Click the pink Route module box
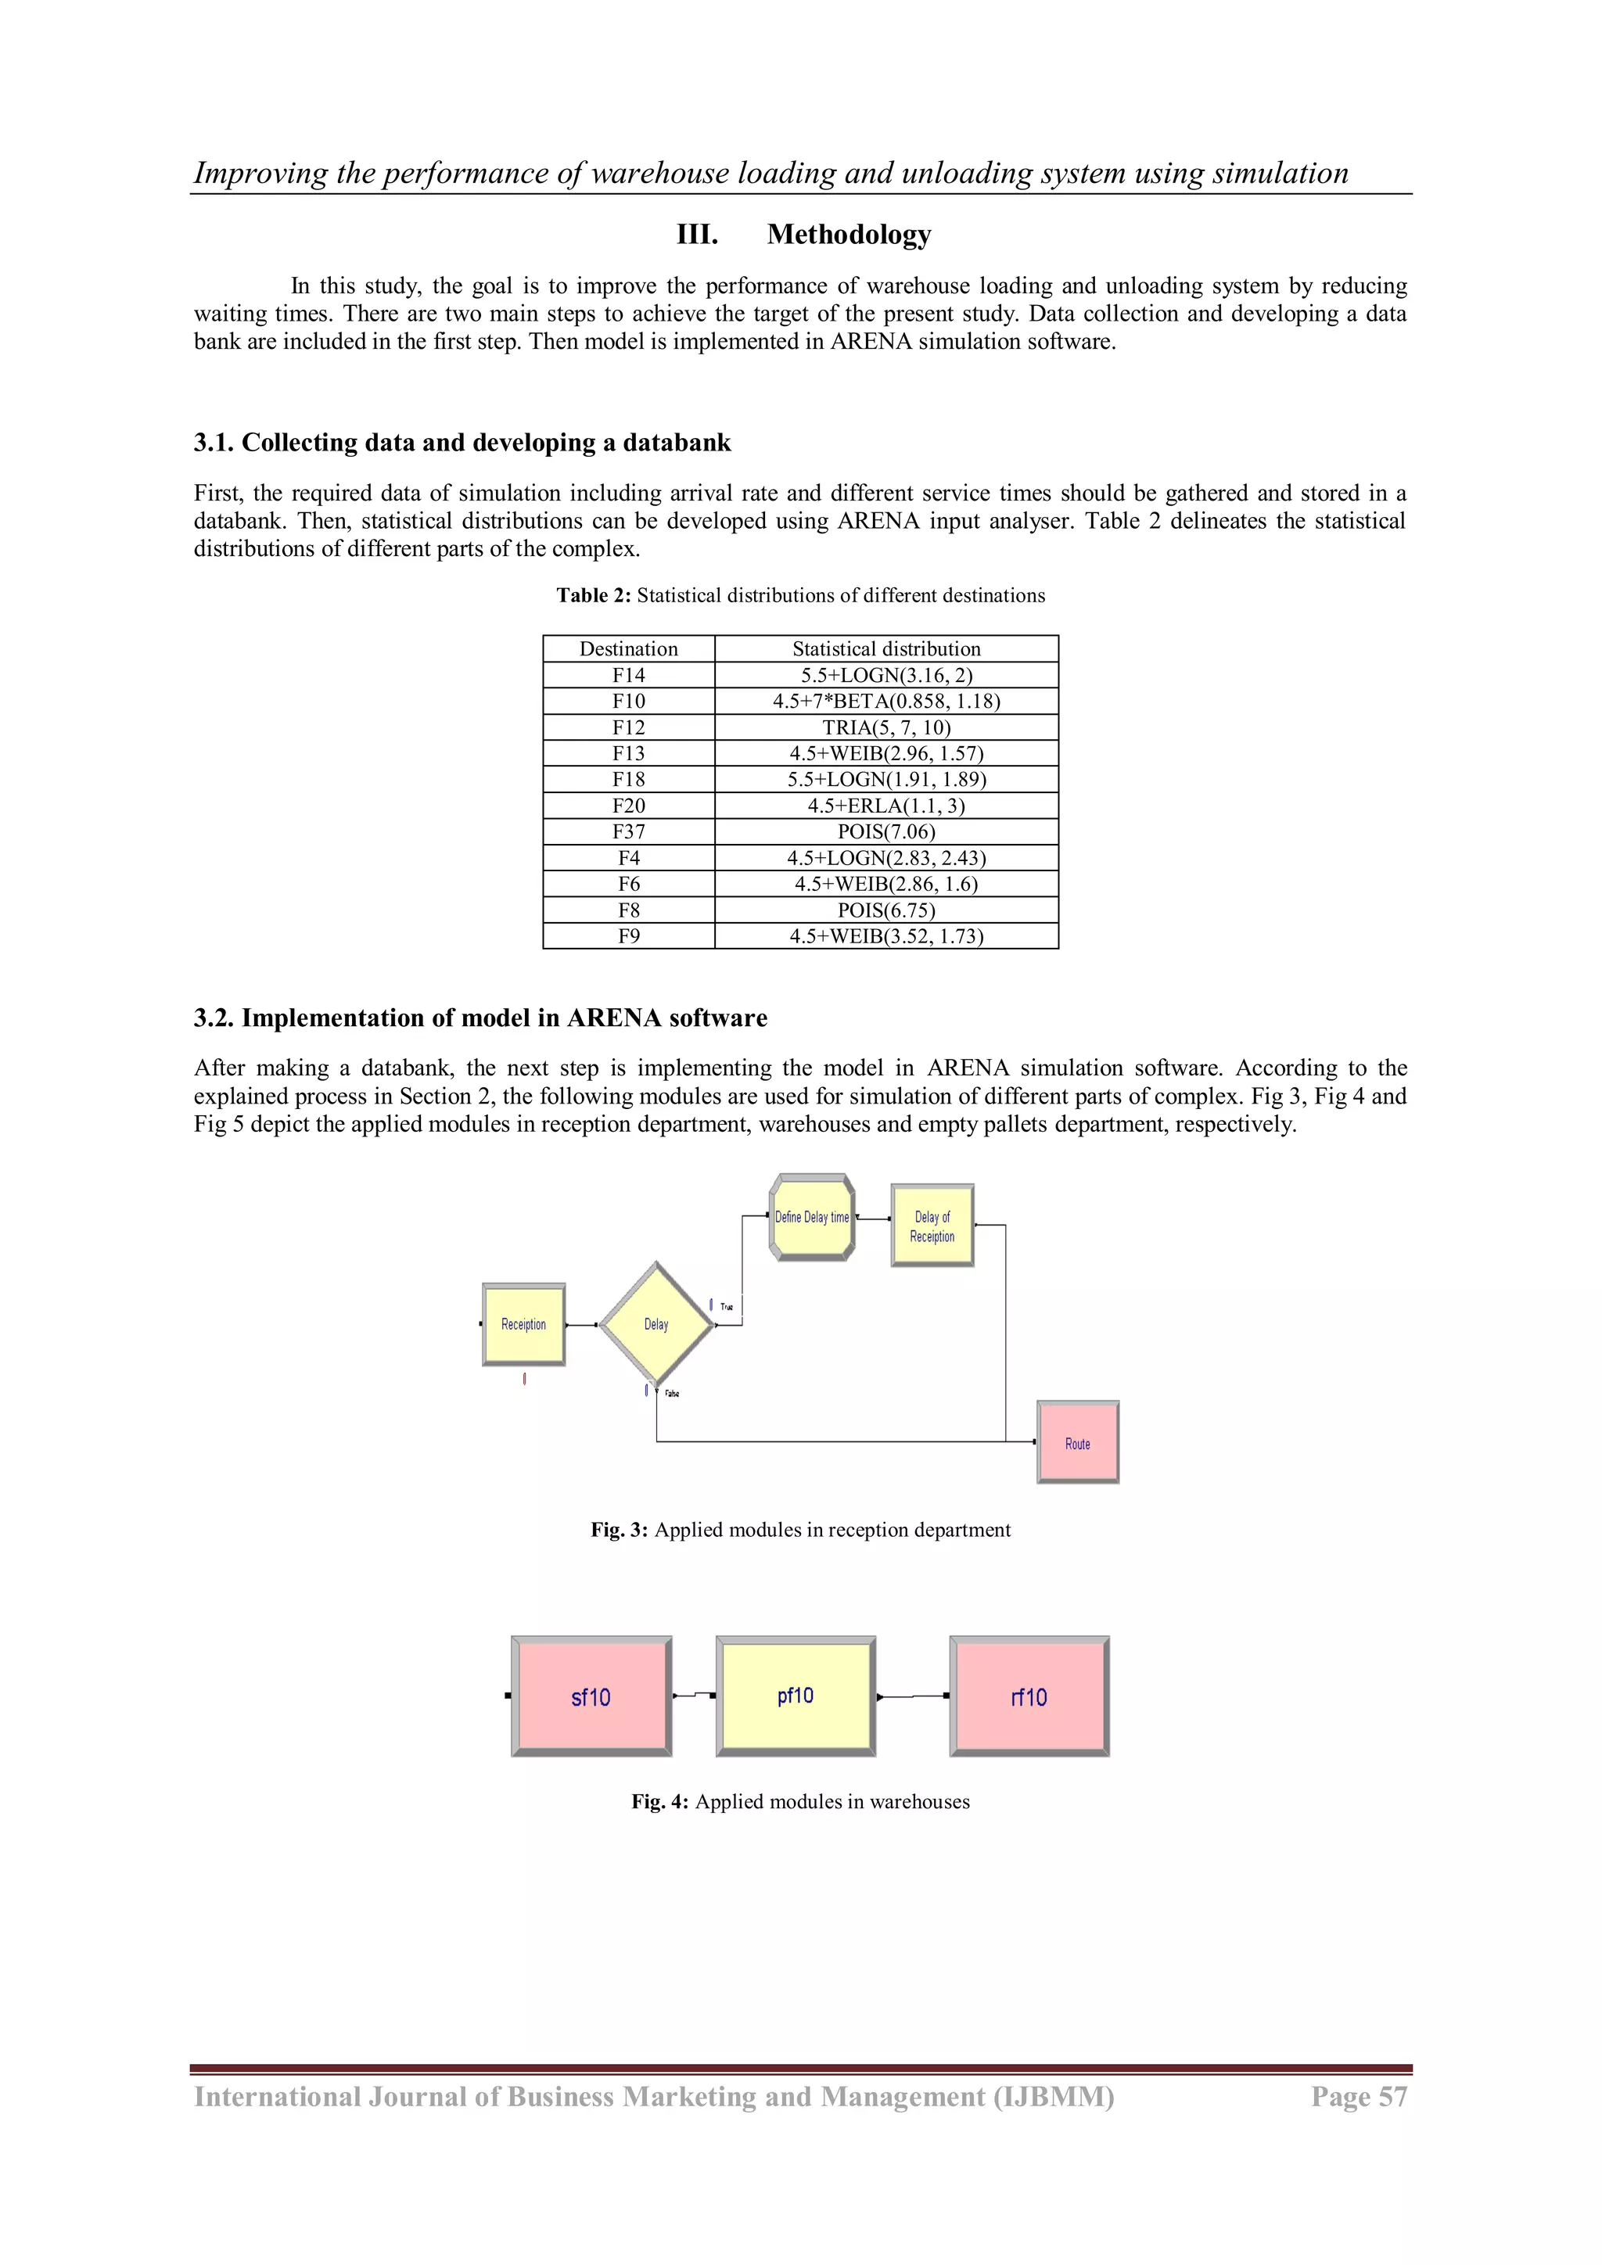[x=1077, y=1442]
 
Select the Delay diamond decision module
[x=656, y=1324]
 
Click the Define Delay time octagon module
[x=811, y=1217]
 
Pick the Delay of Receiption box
[x=932, y=1226]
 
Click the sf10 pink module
[x=591, y=1696]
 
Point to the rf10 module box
[x=1029, y=1696]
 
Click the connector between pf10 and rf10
[x=913, y=1696]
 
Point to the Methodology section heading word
[x=849, y=235]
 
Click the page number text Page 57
[x=1359, y=2098]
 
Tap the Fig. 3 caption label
[x=620, y=1530]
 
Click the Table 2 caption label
[x=594, y=596]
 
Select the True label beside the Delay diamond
[x=727, y=1307]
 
